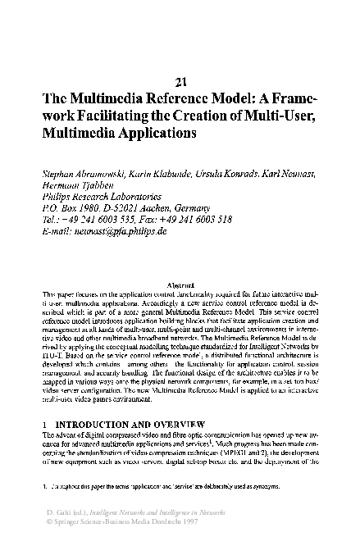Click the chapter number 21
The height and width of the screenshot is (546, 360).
[182, 80]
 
